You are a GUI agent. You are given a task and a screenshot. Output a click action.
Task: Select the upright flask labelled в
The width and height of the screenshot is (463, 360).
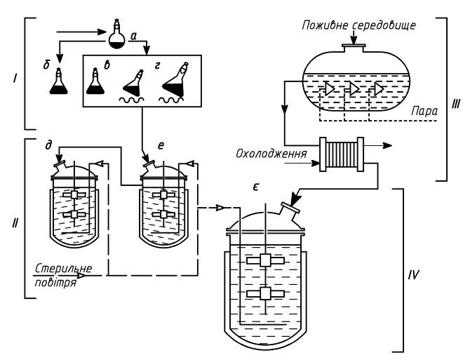95,84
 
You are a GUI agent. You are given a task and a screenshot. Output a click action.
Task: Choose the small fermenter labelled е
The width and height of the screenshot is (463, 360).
164,204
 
